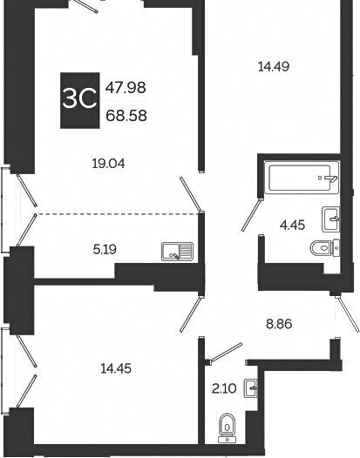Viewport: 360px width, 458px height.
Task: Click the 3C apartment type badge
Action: click(x=80, y=100)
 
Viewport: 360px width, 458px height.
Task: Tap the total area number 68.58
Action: click(x=126, y=116)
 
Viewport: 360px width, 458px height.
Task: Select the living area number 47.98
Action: click(x=126, y=87)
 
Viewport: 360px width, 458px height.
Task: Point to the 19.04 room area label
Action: click(x=108, y=164)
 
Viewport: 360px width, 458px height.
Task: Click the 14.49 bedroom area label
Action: click(x=274, y=66)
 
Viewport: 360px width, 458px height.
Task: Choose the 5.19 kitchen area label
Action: click(x=105, y=250)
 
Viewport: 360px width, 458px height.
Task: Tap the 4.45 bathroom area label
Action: click(x=292, y=226)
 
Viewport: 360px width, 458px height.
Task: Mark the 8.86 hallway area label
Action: click(x=279, y=324)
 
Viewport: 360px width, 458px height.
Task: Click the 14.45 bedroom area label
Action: click(x=116, y=368)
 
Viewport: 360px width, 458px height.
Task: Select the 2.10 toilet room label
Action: click(x=224, y=388)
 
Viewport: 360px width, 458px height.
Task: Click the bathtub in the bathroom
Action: click(x=302, y=178)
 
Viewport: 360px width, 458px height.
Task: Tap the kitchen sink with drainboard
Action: click(x=177, y=251)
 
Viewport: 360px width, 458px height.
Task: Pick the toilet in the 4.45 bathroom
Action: click(x=324, y=248)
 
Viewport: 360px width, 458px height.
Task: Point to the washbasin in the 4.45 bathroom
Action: click(x=330, y=219)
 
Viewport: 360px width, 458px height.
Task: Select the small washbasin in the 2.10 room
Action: click(x=251, y=388)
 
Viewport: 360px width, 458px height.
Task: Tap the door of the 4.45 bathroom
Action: click(x=252, y=214)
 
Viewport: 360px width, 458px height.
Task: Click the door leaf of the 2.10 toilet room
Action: click(x=226, y=353)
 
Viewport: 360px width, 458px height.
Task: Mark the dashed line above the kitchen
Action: click(x=119, y=214)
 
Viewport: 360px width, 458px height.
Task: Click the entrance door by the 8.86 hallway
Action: click(x=348, y=313)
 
